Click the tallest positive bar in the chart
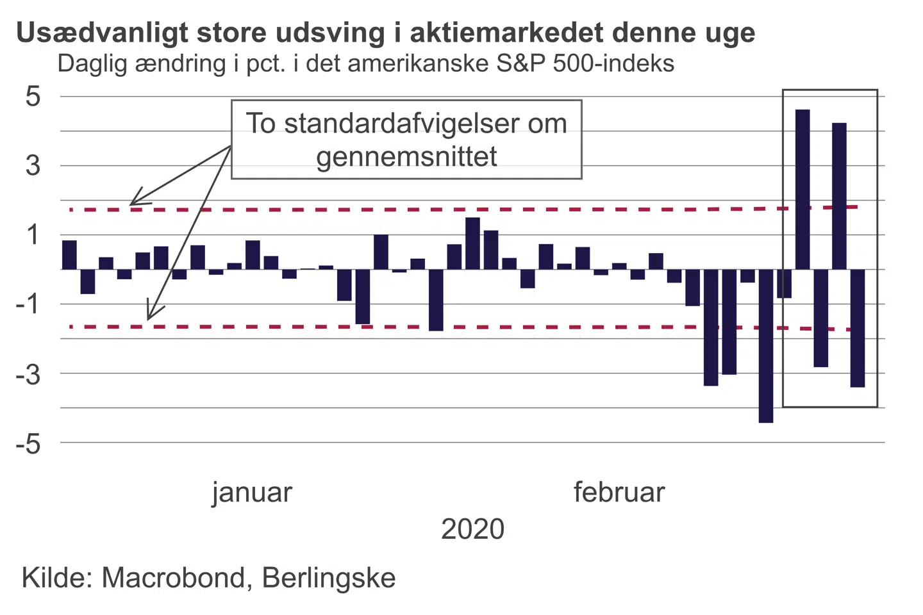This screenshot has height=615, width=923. [802, 189]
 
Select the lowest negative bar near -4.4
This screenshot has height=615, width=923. [766, 346]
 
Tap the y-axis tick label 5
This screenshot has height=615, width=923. [33, 97]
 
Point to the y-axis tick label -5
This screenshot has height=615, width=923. [28, 443]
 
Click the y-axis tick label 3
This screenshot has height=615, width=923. [33, 166]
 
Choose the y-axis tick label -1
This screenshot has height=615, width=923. [28, 304]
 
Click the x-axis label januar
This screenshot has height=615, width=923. [252, 493]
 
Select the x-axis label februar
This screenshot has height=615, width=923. [619, 493]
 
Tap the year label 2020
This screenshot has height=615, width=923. [473, 529]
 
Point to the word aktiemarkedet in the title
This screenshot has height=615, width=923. [506, 33]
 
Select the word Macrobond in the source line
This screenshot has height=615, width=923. [173, 578]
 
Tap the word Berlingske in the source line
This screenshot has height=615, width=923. [329, 578]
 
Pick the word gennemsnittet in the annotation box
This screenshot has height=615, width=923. [406, 156]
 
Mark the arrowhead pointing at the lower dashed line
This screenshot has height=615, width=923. [149, 316]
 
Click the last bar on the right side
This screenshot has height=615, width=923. [858, 328]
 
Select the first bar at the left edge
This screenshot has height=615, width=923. [69, 255]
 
